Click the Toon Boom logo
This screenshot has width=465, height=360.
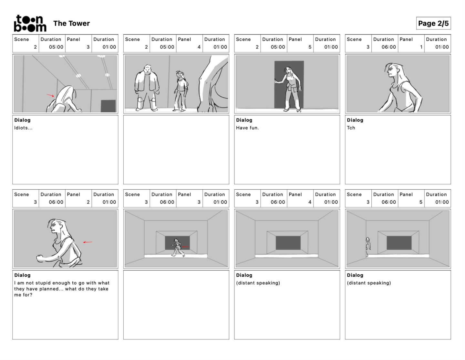coord(30,23)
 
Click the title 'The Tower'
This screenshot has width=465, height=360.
coord(71,23)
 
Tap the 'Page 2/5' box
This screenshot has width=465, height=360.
coord(433,23)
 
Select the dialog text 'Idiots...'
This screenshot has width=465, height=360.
coord(23,128)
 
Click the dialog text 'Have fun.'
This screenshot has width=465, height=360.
coord(247,128)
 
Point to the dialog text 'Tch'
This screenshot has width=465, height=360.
coord(351,128)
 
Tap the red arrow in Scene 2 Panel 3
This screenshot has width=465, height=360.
coord(50,95)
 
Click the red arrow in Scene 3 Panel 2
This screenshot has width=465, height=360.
coord(88,242)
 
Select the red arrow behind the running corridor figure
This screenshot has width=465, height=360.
coord(185,247)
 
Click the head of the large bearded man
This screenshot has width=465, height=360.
coord(148,69)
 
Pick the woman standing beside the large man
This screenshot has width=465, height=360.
coord(181,91)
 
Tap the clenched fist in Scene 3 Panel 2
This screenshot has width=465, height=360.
coord(40,258)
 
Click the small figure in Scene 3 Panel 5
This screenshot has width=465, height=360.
coord(368,247)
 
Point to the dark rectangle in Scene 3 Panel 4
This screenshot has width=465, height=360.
coord(288,243)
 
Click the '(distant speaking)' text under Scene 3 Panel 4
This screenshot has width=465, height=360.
coord(258,283)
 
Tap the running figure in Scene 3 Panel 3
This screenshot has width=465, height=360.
coord(178,248)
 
